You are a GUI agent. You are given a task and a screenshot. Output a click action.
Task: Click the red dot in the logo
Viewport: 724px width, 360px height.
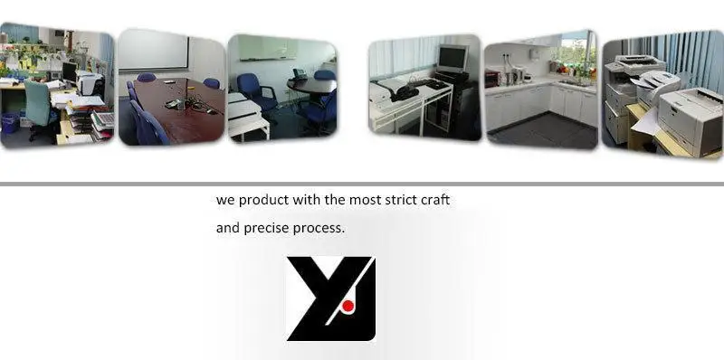(348, 306)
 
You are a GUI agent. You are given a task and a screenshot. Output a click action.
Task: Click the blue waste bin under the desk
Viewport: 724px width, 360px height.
(9, 123)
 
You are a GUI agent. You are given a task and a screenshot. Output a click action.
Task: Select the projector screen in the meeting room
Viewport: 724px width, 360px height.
(153, 50)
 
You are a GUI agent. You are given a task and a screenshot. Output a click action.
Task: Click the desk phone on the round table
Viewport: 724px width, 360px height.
(300, 74)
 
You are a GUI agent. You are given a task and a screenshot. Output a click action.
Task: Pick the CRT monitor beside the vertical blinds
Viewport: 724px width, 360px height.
(452, 58)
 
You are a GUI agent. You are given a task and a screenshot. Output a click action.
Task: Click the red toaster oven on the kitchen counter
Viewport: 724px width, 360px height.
(492, 78)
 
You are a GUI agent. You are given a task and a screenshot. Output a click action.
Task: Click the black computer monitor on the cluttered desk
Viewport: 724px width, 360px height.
(70, 72)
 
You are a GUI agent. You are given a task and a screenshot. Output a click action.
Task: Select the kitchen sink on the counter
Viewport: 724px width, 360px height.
(572, 83)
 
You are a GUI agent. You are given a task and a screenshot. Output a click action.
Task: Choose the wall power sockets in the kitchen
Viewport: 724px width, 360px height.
(507, 58)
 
